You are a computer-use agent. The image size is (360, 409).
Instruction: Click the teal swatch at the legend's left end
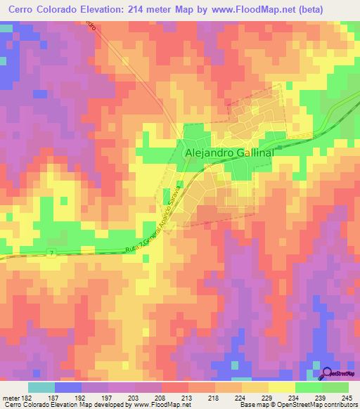click(x=41, y=387)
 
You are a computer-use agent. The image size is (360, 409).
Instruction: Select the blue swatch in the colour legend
click(x=68, y=387)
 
